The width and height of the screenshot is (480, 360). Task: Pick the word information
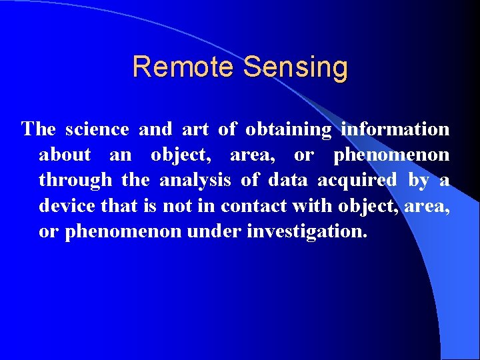395,129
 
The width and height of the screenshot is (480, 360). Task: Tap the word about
65,155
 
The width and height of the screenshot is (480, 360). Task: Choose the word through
75,181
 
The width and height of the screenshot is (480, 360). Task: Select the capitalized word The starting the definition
39,129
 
